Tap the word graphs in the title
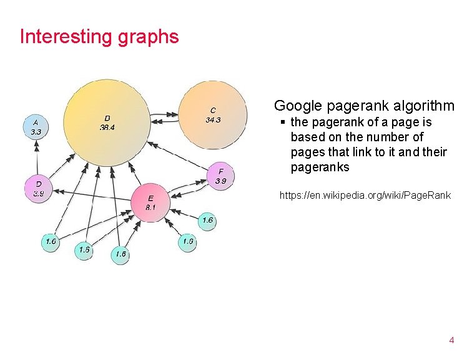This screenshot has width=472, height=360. point(148,37)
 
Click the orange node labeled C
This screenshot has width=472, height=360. point(212,115)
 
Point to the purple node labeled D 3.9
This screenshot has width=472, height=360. point(39,189)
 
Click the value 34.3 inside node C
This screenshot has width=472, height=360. point(213,120)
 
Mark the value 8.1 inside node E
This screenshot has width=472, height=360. point(150,207)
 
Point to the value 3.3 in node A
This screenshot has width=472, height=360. point(36,132)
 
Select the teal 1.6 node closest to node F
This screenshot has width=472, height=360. point(208,220)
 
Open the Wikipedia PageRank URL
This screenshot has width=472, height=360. point(365,196)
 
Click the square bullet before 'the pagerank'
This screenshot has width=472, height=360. point(283,122)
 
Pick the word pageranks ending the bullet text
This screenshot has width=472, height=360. point(320,167)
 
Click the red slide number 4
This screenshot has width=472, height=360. point(451,341)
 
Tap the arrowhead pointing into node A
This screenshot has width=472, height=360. point(37,144)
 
